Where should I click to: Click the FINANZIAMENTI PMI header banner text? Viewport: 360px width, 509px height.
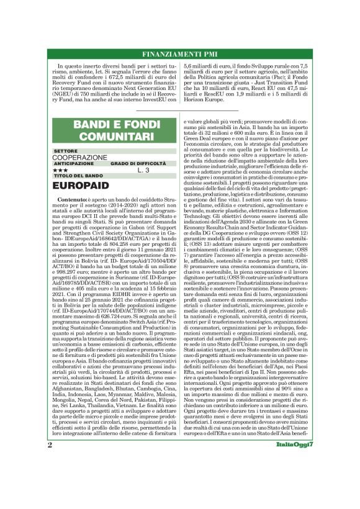point(179,53)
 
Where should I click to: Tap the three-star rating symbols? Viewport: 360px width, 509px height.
point(60,170)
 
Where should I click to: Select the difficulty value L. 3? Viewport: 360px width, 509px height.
point(143,170)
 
